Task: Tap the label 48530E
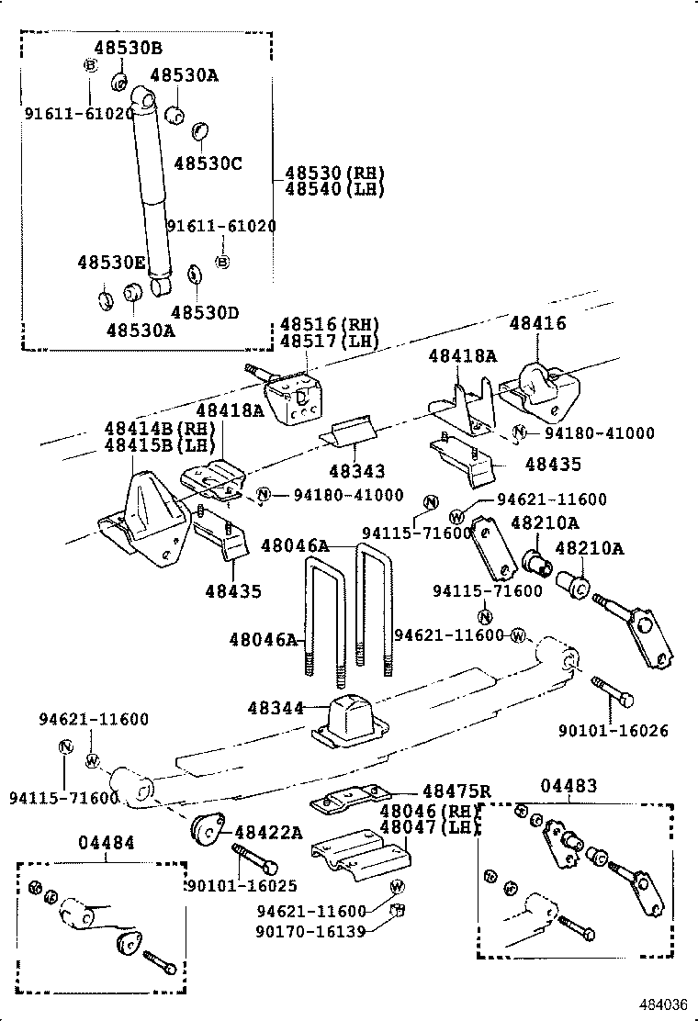coord(111,263)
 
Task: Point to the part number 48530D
coord(205,312)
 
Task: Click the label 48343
coord(357,470)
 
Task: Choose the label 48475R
coord(456,791)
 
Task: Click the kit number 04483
coord(569,785)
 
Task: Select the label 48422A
coord(268,832)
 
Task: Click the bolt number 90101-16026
coord(613,731)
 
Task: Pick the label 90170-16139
coord(311,931)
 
